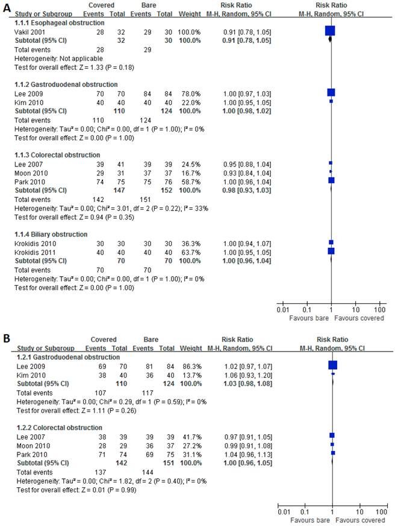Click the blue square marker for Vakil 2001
tap(330, 31)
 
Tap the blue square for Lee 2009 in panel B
tap(332, 365)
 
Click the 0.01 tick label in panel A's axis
tap(282, 310)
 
